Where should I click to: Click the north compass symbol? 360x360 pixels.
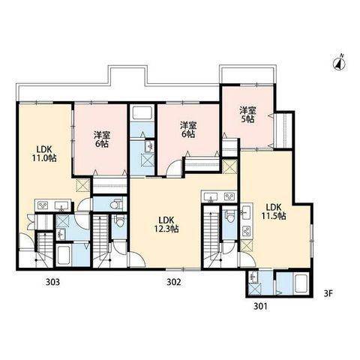339,63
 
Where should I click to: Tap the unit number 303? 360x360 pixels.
52,282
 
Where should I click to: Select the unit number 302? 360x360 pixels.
173,282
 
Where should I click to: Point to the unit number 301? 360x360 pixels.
260,306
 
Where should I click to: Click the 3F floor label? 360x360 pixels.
328,293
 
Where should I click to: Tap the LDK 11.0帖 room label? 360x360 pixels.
44,154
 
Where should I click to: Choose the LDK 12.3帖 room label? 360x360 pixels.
166,224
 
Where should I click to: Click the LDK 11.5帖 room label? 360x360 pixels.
274,211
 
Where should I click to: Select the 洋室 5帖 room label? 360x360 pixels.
247,115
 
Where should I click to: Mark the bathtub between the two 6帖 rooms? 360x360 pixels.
142,113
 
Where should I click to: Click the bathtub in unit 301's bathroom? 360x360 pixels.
302,283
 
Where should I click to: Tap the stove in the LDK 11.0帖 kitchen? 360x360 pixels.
42,205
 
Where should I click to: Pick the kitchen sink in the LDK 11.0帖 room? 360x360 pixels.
61,205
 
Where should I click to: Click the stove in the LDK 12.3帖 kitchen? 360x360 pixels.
229,196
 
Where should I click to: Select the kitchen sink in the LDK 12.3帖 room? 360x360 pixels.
211,196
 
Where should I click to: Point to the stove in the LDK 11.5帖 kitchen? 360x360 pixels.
247,231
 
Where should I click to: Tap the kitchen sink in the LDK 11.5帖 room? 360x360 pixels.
247,212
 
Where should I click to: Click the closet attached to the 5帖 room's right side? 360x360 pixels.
283,130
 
